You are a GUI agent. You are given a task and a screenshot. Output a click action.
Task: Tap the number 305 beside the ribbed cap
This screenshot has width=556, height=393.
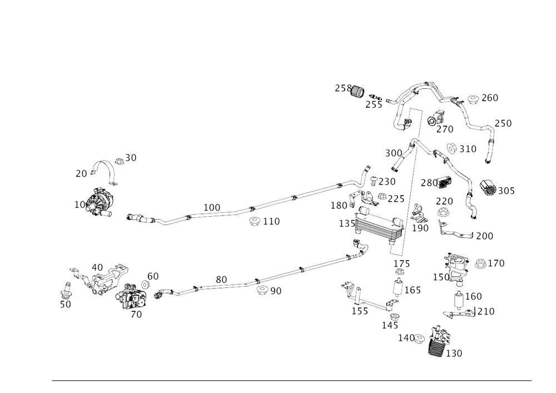point(506,191)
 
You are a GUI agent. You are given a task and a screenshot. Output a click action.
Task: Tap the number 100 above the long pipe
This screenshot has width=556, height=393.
point(211,207)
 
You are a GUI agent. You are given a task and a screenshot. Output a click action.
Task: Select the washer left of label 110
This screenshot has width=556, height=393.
point(255,221)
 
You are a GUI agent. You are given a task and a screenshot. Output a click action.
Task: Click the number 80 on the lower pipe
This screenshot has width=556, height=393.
point(221,277)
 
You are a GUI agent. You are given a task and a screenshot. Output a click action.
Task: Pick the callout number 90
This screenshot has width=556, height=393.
point(276,290)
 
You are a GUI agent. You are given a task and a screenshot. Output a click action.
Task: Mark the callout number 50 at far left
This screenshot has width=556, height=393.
point(65,304)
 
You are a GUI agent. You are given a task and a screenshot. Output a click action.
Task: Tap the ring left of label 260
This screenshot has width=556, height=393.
point(473,100)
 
